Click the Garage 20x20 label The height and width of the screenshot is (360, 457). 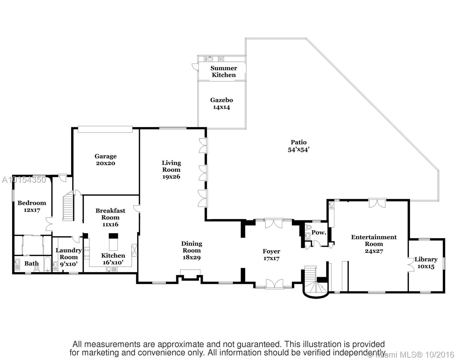point(106,160)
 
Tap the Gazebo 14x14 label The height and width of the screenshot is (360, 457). point(222,103)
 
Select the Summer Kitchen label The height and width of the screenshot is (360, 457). point(224,71)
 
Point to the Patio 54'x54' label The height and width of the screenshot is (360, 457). point(299,146)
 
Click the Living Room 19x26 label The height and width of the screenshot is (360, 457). point(171,169)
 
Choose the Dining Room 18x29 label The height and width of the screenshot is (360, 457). point(192,250)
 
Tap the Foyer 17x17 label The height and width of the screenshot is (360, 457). point(271,255)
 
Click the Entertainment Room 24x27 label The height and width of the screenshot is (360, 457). point(374,244)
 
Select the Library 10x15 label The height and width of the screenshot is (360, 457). point(426,263)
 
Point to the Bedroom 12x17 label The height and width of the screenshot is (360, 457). point(32,206)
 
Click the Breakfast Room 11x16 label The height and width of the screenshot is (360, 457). point(110,217)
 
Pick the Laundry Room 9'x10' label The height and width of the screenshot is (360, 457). point(69,257)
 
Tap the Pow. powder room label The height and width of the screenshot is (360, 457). point(318,232)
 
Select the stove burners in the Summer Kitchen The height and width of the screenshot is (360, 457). point(221,59)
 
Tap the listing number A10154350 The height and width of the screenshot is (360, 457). point(24,180)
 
